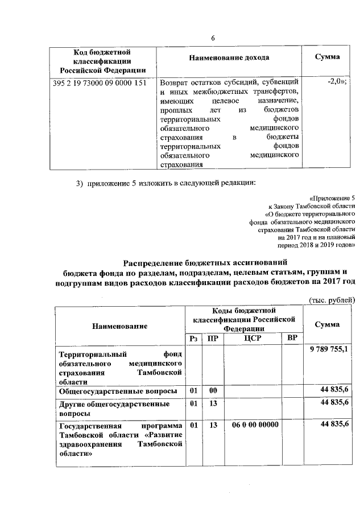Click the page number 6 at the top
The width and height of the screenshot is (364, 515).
click(x=213, y=38)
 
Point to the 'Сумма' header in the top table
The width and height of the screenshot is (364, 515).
click(x=328, y=57)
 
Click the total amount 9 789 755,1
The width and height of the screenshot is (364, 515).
click(x=330, y=348)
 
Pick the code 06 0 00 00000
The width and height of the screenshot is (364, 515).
click(x=255, y=425)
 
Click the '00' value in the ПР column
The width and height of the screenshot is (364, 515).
click(x=213, y=390)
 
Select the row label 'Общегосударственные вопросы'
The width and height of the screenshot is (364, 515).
click(x=118, y=391)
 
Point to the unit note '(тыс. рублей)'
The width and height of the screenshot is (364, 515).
click(x=332, y=300)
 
